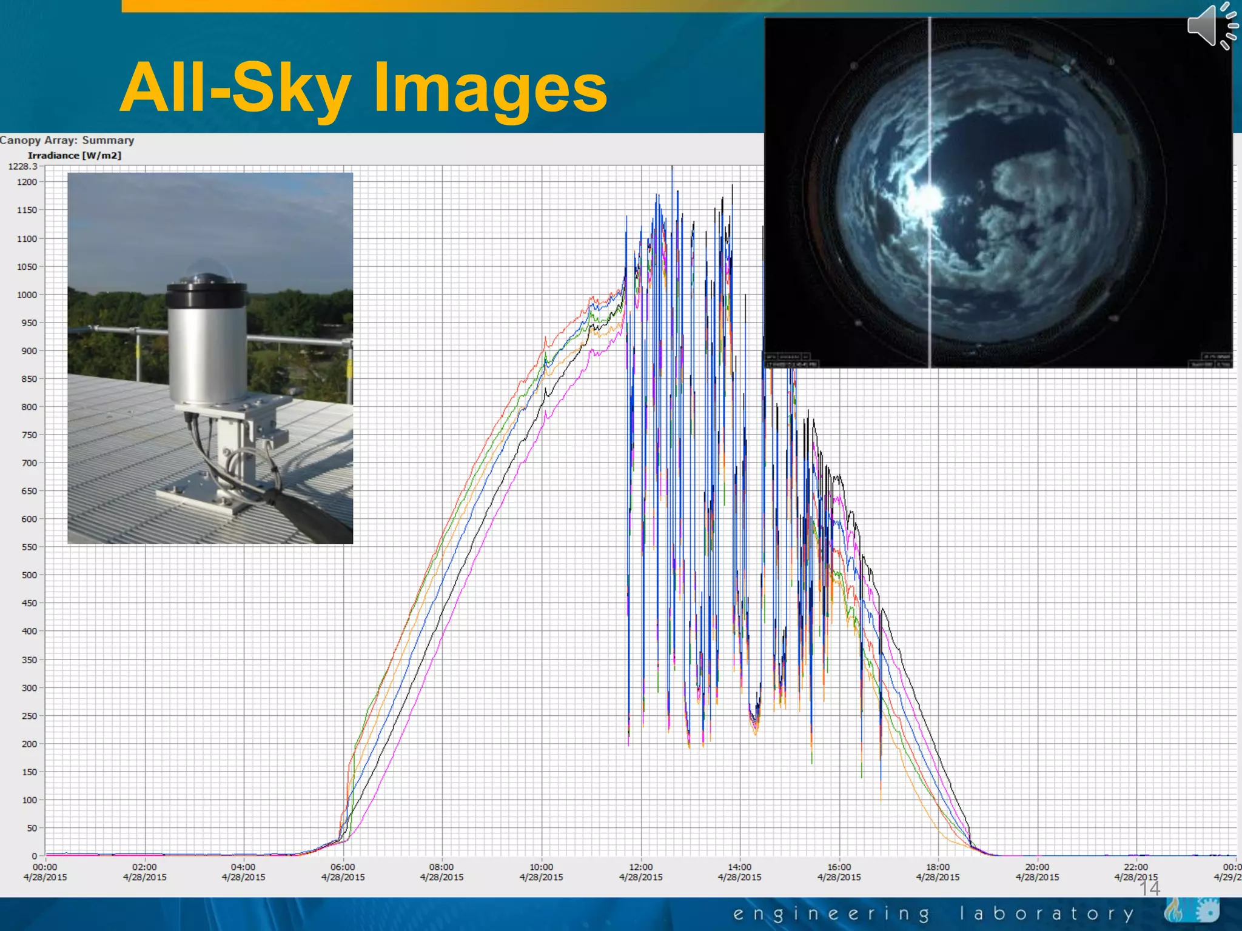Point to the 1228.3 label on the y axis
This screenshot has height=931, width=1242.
coord(22,166)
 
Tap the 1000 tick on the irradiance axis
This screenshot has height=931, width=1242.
coord(27,295)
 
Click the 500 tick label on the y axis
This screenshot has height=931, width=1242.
coord(29,575)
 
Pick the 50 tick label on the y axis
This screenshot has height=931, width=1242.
coord(32,827)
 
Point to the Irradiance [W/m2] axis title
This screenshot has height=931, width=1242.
coord(74,155)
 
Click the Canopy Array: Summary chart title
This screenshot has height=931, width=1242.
coord(67,140)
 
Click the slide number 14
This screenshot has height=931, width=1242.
coord(1149,889)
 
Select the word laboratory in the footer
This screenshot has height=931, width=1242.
coord(1047,913)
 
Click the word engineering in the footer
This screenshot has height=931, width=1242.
coord(831,913)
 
